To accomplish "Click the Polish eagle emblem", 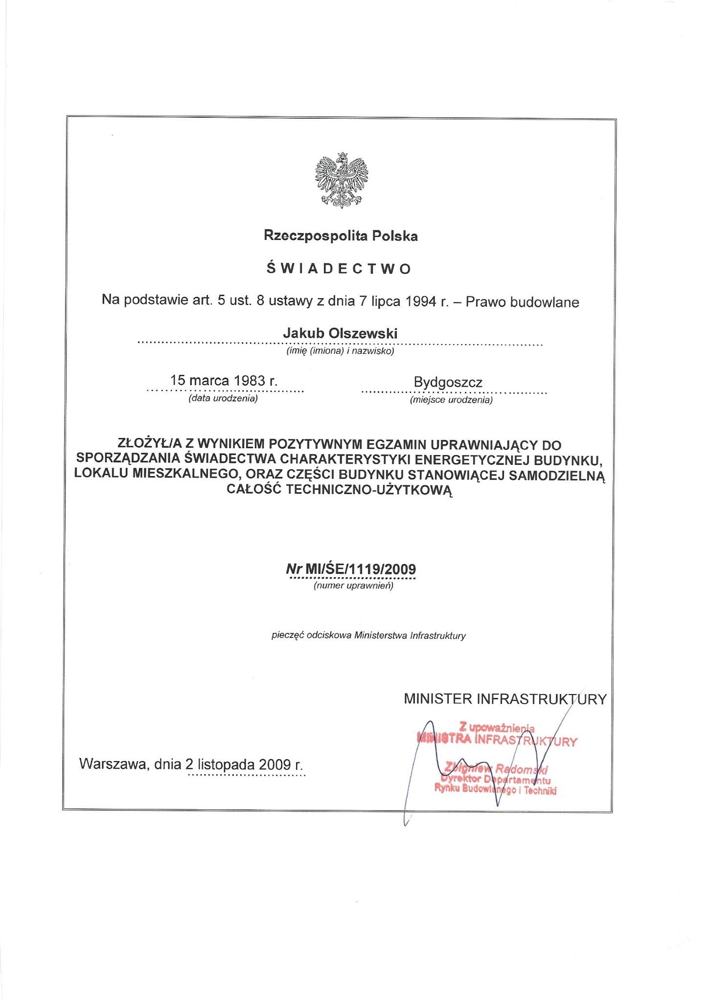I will point(341,180).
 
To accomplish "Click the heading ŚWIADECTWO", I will point(339,269).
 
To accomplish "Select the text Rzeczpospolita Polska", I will point(341,236).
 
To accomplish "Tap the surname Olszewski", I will point(363,333).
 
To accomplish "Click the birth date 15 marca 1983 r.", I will point(224,380).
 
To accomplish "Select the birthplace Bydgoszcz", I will point(448,382).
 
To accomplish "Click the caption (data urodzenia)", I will point(223,398).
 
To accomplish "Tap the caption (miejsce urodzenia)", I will point(451,400).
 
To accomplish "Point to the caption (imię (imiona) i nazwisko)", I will point(340,351).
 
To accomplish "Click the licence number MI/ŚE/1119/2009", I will point(360,569).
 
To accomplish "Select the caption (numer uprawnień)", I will point(353,586).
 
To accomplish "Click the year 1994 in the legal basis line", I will point(421,302).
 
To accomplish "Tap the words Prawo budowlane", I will point(522,302).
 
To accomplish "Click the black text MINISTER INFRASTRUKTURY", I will point(505,699).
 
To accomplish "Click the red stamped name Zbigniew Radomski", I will point(496,769).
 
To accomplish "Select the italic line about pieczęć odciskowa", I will point(368,636).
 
